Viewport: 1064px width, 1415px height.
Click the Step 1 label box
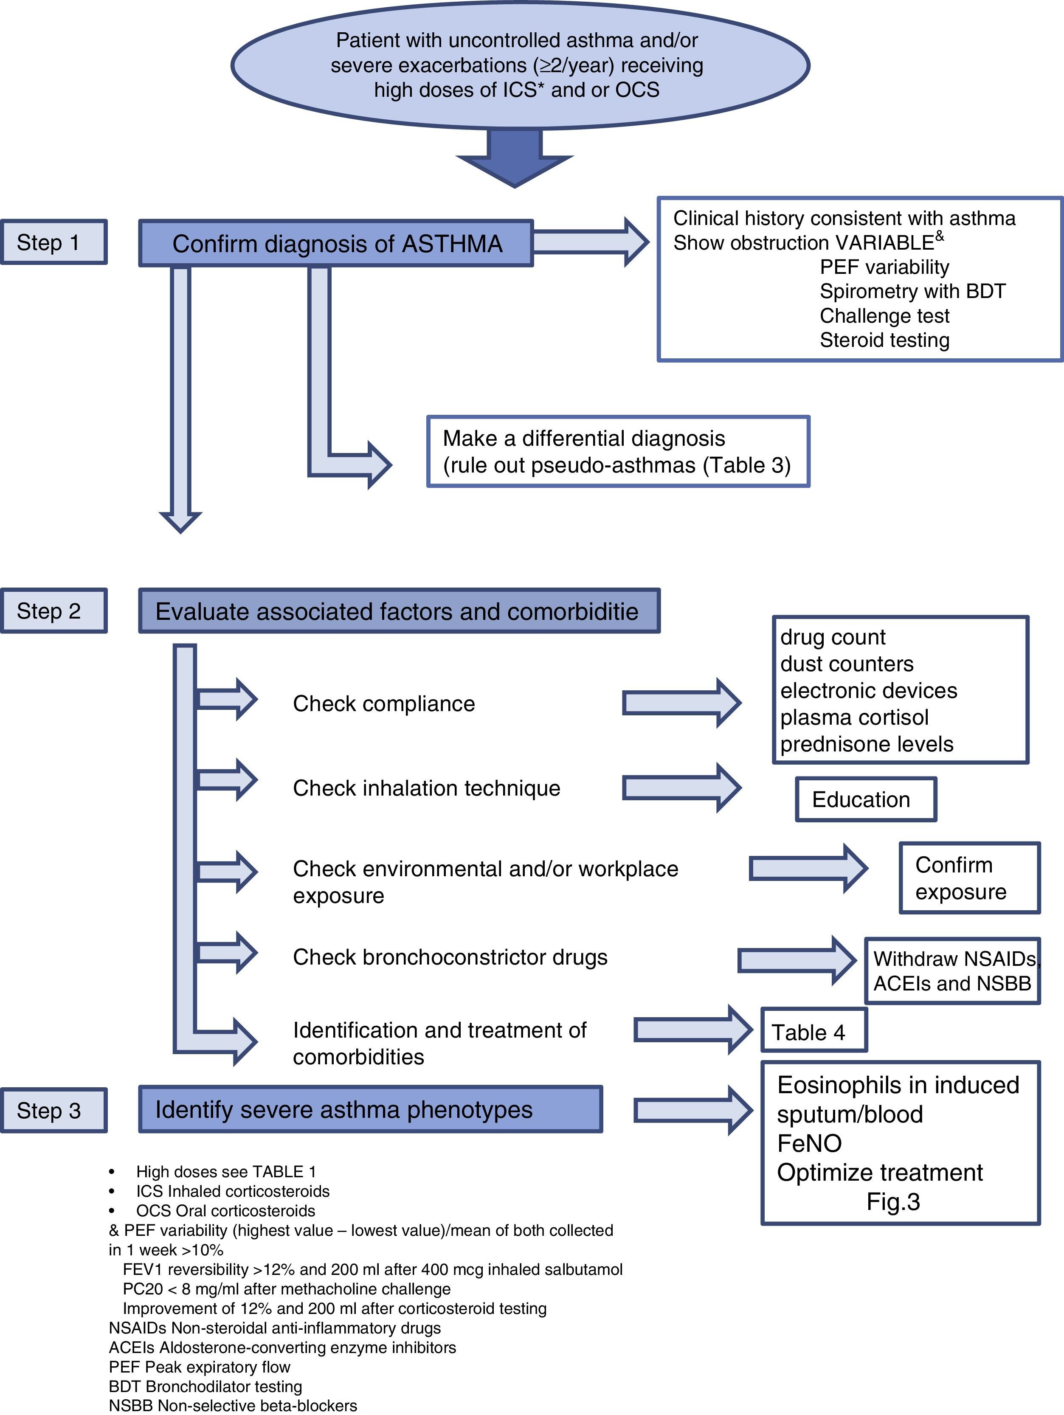point(54,242)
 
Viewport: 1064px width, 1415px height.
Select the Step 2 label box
point(54,611)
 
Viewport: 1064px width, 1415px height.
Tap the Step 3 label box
point(54,1111)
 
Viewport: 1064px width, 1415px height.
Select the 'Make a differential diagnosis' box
point(618,452)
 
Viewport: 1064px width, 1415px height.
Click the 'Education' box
point(866,799)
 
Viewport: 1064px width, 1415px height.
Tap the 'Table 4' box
point(814,1032)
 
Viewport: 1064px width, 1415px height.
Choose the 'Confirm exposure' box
point(969,878)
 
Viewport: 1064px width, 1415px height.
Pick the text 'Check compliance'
point(384,703)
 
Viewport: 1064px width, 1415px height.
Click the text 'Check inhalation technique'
point(427,788)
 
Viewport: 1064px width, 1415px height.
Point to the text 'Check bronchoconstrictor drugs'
point(450,957)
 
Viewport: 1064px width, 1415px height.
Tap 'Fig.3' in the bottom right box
point(893,1201)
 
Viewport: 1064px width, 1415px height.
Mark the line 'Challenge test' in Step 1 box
point(885,316)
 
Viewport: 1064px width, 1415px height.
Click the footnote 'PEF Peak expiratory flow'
point(200,1367)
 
